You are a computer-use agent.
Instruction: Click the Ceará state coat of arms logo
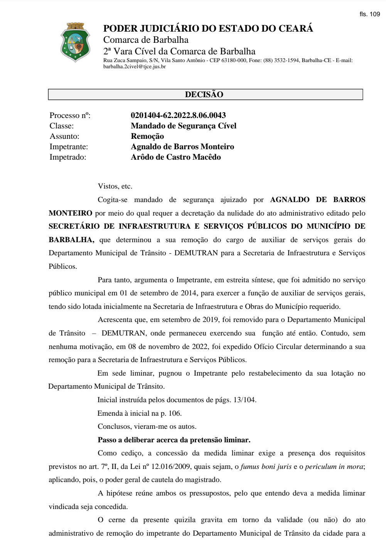(75, 42)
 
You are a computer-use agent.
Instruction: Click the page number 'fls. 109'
(369, 14)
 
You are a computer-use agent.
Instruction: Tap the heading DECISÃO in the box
(204, 94)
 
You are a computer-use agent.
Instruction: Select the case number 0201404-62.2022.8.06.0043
(178, 115)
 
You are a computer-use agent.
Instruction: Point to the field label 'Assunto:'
(64, 136)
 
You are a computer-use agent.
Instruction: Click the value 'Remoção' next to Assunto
(147, 136)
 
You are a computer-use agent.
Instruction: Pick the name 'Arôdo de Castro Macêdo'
(176, 157)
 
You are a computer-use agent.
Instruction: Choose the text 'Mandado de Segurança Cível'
(184, 126)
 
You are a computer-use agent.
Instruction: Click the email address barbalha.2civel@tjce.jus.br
(135, 67)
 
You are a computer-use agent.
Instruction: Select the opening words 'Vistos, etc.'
(115, 186)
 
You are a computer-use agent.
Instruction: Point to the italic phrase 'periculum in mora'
(334, 467)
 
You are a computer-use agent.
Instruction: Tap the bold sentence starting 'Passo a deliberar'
(174, 440)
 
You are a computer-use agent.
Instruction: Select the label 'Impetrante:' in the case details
(69, 147)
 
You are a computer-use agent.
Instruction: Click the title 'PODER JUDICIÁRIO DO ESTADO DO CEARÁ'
(208, 29)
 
